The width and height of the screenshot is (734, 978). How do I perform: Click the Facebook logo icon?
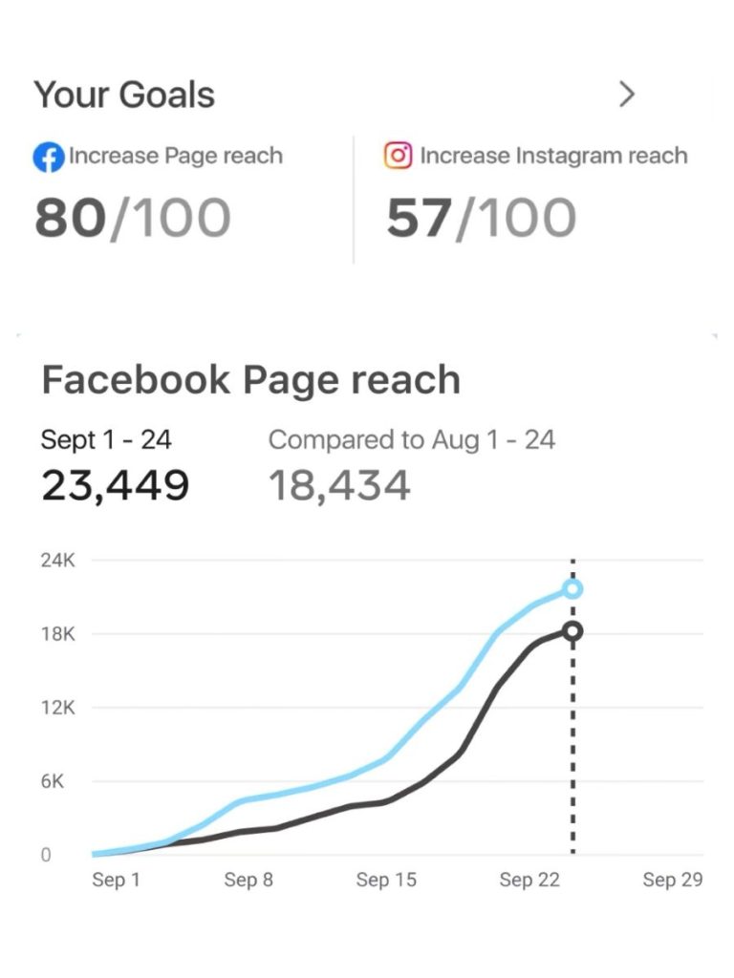tap(48, 157)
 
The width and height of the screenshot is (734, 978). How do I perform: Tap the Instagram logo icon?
tap(398, 155)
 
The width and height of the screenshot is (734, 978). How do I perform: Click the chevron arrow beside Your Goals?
tap(627, 94)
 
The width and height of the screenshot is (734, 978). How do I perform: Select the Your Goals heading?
tap(124, 95)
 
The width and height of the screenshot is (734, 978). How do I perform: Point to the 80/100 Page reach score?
tap(132, 219)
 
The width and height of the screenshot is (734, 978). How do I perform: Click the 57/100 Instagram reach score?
tap(481, 219)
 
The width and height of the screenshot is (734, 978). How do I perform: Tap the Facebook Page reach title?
tap(250, 380)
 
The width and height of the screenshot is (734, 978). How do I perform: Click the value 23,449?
tap(115, 485)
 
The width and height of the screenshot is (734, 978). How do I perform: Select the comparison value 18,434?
tap(339, 485)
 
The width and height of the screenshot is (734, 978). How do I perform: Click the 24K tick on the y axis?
tap(57, 561)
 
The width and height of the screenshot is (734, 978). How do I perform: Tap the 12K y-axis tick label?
tap(57, 708)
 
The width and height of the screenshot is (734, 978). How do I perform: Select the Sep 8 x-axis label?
tap(248, 880)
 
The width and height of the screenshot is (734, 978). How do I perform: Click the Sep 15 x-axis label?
tap(386, 880)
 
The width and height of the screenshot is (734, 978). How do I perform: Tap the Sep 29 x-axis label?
tap(673, 880)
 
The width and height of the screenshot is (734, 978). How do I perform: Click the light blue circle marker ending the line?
tap(572, 589)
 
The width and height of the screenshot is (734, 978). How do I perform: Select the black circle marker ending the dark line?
tap(572, 631)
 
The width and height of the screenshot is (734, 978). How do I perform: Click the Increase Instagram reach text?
tap(553, 156)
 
